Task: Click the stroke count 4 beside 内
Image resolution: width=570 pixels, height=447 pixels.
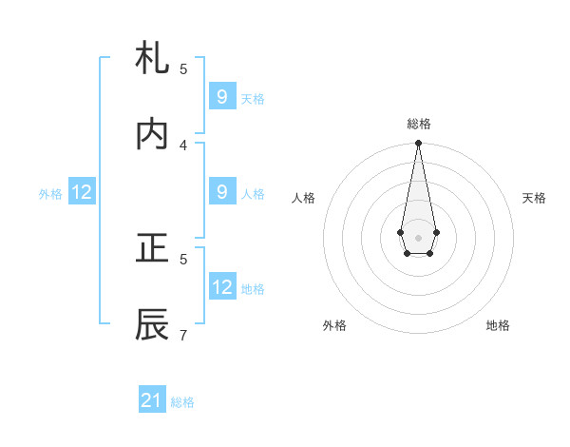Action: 183,145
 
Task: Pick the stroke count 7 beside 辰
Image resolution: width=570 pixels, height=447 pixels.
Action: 183,335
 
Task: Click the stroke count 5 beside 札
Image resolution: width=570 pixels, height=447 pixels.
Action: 183,68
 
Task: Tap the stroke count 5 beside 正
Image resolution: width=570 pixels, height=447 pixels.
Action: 183,259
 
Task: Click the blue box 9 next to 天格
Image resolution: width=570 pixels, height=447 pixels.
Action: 221,96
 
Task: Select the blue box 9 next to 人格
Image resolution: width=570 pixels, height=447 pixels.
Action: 221,192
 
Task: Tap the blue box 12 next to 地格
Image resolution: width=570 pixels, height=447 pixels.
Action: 222,287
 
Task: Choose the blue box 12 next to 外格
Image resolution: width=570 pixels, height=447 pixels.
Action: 82,192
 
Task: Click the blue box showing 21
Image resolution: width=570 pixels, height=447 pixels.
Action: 152,400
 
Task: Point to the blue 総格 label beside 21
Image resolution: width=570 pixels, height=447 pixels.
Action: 182,402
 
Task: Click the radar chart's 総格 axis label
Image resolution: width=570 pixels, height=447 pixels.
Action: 418,124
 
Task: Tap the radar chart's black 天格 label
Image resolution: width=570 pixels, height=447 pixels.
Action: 534,198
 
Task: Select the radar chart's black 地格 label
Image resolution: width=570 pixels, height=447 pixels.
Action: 498,325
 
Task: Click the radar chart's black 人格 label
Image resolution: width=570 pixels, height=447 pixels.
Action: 303,198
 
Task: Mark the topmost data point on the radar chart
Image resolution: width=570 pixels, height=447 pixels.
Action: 418,144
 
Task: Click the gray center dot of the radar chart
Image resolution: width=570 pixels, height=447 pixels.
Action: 418,237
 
